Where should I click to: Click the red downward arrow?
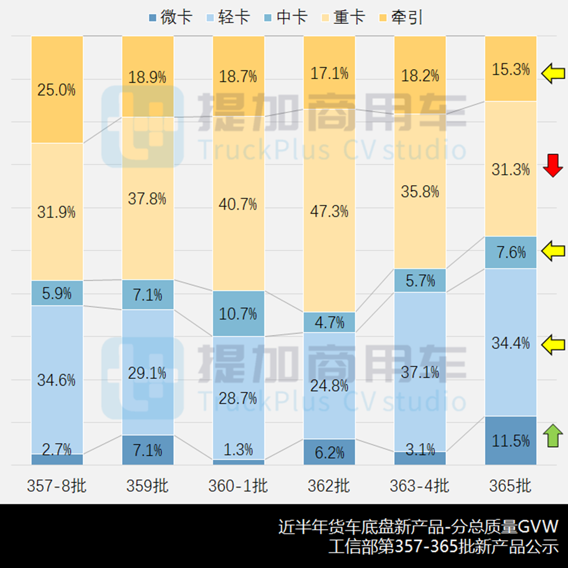point(552,166)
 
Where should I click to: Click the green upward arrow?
point(552,435)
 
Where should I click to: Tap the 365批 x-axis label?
point(510,486)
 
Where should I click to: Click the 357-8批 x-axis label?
point(57,486)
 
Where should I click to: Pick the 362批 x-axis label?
point(329,486)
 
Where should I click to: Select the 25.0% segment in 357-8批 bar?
point(57,90)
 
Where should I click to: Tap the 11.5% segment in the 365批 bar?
point(510,441)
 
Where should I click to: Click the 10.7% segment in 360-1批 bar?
point(239,313)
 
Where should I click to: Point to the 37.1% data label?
point(420,372)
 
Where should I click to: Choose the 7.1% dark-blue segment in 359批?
point(148,450)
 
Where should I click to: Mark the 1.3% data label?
point(239,449)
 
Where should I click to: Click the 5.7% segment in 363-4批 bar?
point(420,281)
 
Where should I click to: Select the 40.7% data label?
point(239,204)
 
